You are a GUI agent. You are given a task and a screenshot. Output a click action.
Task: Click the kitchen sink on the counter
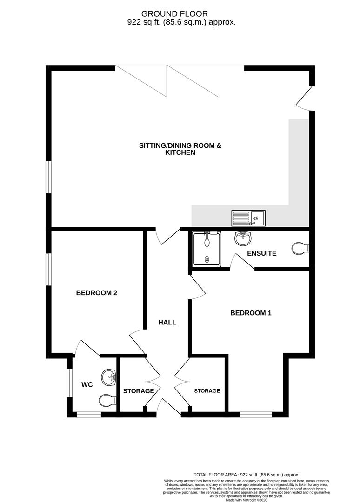pyautogui.click(x=248, y=217)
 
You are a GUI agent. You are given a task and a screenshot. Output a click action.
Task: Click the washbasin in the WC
pyautogui.click(x=109, y=376)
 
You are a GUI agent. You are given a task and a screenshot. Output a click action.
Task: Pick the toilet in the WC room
pyautogui.click(x=107, y=400)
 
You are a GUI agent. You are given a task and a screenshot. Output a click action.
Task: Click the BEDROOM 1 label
pyautogui.click(x=251, y=313)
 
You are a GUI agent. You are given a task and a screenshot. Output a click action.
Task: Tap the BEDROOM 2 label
pyautogui.click(x=96, y=293)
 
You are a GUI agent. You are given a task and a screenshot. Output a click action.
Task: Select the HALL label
pyautogui.click(x=167, y=322)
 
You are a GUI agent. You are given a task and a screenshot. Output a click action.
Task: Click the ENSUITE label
pyautogui.click(x=262, y=254)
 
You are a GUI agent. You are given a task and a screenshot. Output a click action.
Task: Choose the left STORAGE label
pyautogui.click(x=138, y=391)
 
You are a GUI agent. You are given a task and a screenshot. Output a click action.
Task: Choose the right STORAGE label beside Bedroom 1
pyautogui.click(x=207, y=391)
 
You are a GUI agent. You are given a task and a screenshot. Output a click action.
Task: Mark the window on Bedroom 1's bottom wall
pyautogui.click(x=256, y=413)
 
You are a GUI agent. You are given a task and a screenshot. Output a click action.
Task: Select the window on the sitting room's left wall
pyautogui.click(x=48, y=177)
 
